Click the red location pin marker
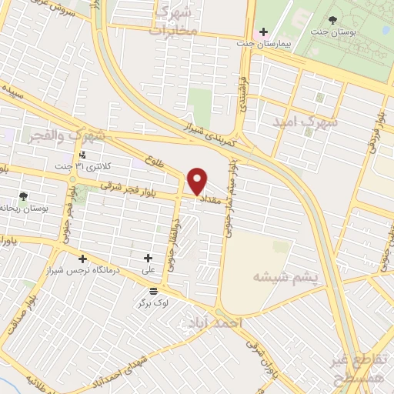click(x=198, y=181)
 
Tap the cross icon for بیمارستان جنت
click(x=264, y=33)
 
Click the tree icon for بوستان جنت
click(x=332, y=20)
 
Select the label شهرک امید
click(x=306, y=122)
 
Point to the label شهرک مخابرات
click(x=176, y=20)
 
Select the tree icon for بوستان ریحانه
click(x=23, y=196)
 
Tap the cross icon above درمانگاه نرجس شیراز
click(x=82, y=259)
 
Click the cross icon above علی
click(x=149, y=258)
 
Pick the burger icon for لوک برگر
click(x=153, y=290)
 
